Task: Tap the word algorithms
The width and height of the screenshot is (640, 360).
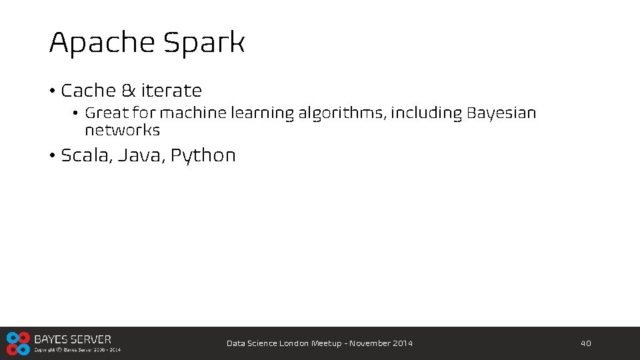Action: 341,113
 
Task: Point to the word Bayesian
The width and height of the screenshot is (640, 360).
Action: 501,113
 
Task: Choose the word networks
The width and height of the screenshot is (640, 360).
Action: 122,130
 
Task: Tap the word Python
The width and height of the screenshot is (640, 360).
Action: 203,156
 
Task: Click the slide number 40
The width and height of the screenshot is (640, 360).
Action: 585,343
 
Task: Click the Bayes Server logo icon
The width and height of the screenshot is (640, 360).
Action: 18,343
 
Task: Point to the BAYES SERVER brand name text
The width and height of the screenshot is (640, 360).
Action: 73,339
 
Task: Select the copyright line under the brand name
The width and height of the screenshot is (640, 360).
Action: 77,349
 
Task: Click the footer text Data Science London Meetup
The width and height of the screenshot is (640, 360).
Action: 283,343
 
